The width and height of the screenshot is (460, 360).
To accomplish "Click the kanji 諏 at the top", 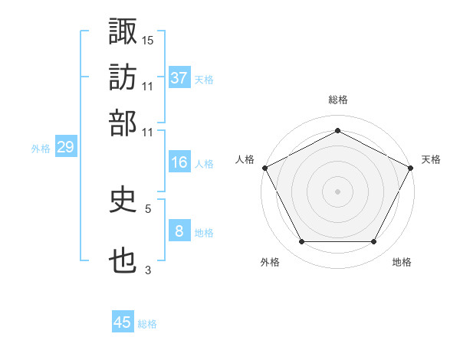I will pos(123,31).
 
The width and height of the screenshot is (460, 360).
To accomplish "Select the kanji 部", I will pos(123,123).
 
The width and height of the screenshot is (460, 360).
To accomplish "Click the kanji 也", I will pos(123,261).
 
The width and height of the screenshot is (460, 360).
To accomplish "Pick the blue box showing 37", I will pos(179,78).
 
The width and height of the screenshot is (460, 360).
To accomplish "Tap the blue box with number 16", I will pos(179,162).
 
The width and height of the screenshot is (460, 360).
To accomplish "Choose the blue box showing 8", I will pos(179,231).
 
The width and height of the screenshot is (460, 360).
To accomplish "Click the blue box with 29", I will pos(65,148).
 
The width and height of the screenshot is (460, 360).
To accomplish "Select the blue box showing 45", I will pos(123,322).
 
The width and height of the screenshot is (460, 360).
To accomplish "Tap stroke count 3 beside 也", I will pos(148,270).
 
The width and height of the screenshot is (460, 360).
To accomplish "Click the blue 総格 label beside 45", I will pos(147,324).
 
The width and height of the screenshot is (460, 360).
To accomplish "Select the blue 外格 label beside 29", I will pos(40,149).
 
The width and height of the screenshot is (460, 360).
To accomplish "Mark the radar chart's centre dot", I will pos(337,191).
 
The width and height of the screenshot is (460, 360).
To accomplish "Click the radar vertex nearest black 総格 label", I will pos(337,130).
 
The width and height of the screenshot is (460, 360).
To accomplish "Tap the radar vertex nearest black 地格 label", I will pos(373,242).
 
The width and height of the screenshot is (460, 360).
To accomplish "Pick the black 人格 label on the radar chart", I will pos(245,159).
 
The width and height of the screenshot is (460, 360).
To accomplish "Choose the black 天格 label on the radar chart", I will pos(431,159).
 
